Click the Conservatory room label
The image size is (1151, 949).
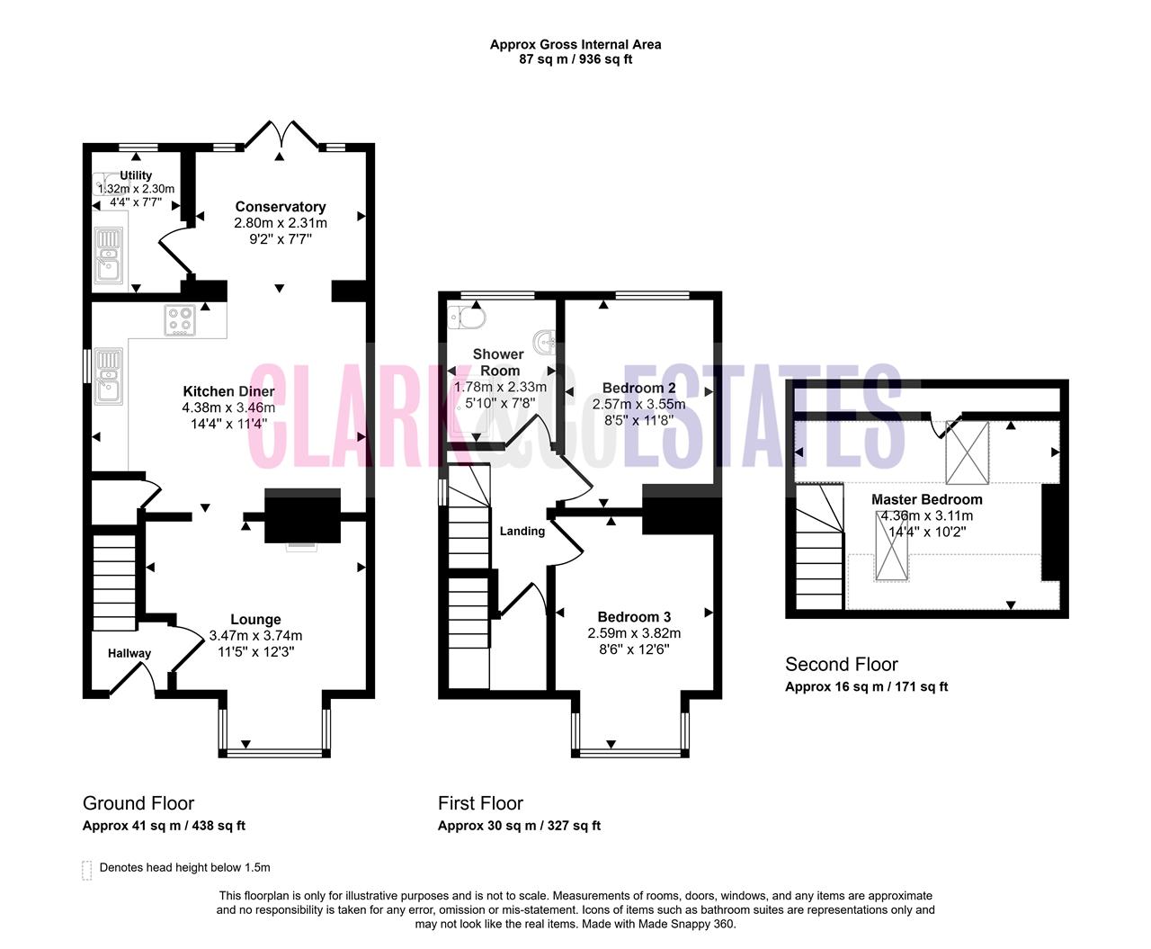pyautogui.click(x=280, y=207)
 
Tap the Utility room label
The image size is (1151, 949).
pyautogui.click(x=136, y=175)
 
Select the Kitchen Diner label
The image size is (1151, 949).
pyautogui.click(x=228, y=391)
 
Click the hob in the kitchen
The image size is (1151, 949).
pyautogui.click(x=180, y=320)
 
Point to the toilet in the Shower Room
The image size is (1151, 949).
pyautogui.click(x=467, y=317)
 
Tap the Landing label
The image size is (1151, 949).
pyautogui.click(x=522, y=531)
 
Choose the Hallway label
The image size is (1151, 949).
pyautogui.click(x=129, y=653)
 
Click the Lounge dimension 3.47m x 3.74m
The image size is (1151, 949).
pyautogui.click(x=255, y=636)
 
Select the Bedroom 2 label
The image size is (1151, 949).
pyautogui.click(x=638, y=389)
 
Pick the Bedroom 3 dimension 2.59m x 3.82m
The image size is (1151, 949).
pyautogui.click(x=634, y=633)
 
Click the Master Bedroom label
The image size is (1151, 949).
pyautogui.click(x=926, y=499)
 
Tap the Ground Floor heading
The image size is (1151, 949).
pyautogui.click(x=138, y=803)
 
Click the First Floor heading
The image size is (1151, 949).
pyautogui.click(x=480, y=803)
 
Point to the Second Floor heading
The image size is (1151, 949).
pyautogui.click(x=841, y=665)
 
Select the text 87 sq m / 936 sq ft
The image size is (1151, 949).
pyautogui.click(x=575, y=59)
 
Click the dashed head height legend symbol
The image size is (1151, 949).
pyautogui.click(x=86, y=870)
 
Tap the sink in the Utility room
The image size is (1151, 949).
pyautogui.click(x=109, y=255)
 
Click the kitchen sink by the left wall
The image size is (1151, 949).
pyautogui.click(x=108, y=376)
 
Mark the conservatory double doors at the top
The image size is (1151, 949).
pyautogui.click(x=281, y=133)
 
